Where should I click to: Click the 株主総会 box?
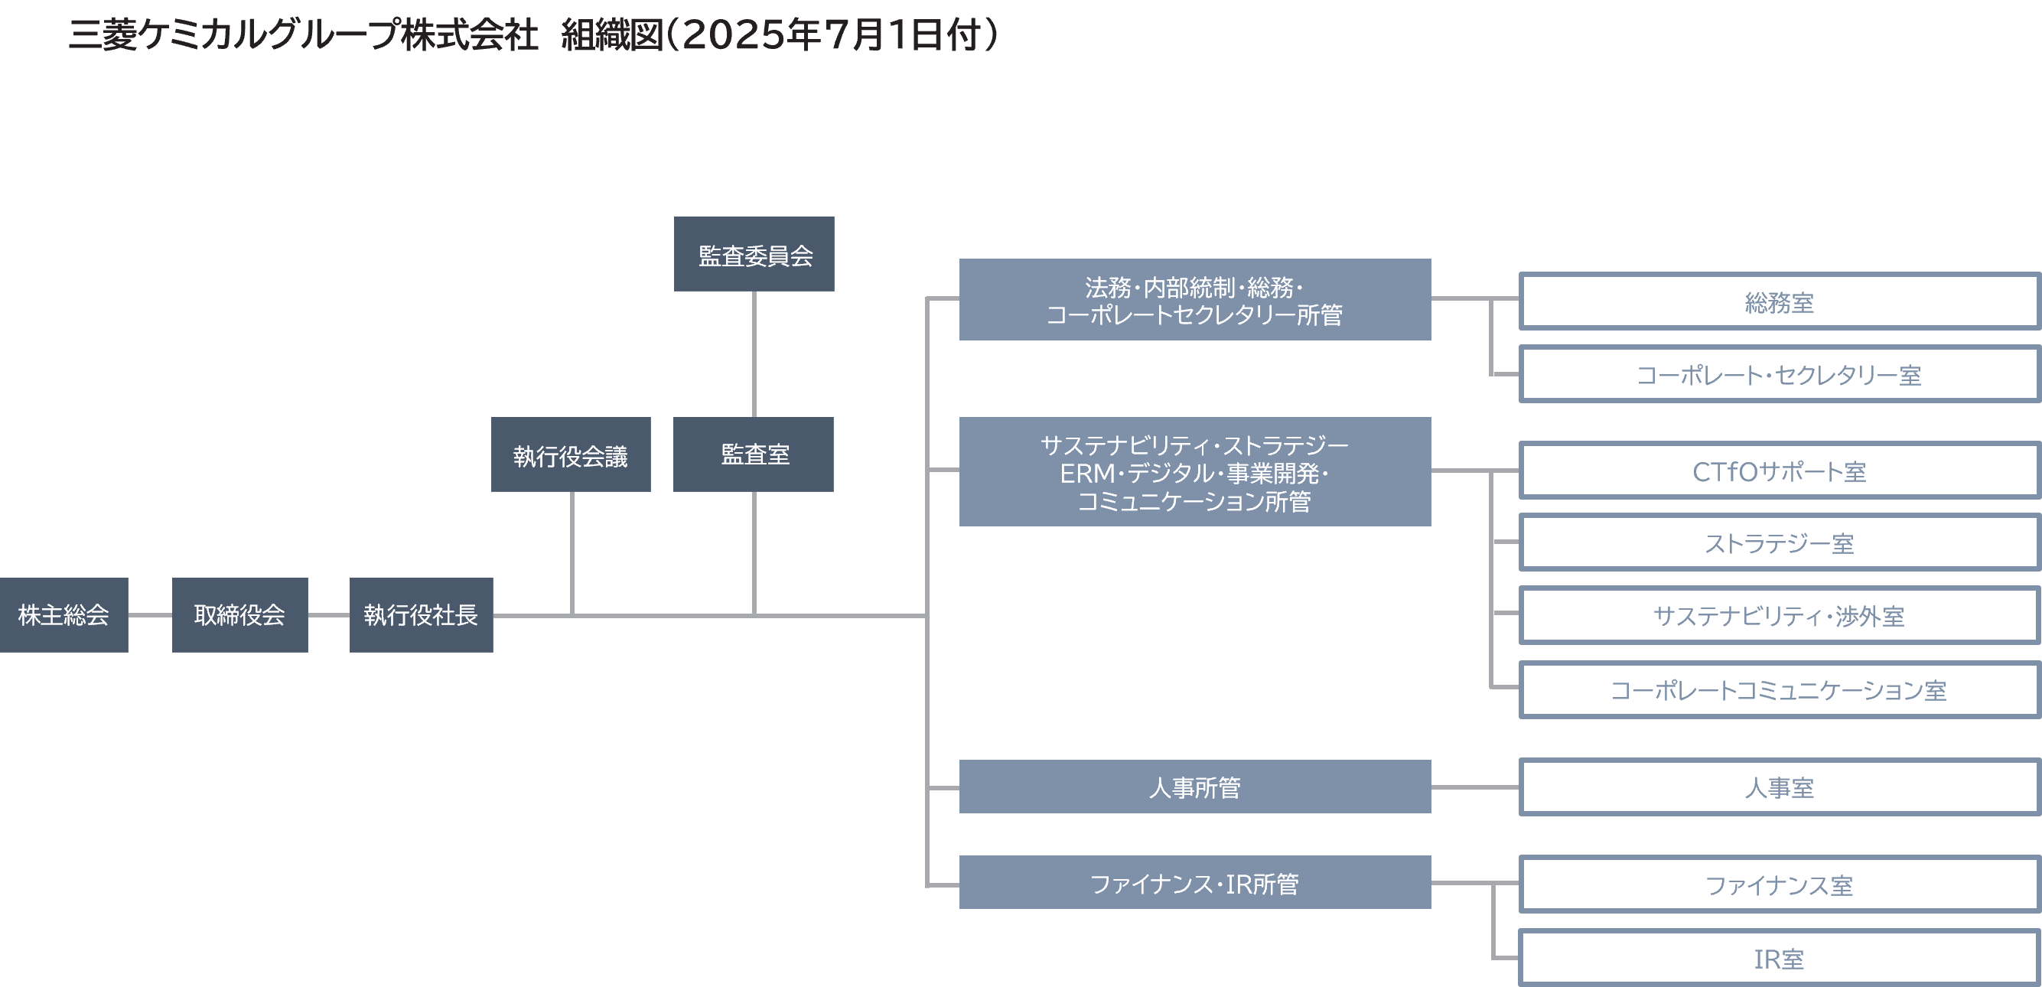[64, 615]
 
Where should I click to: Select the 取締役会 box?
[239, 615]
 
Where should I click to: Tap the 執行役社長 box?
[421, 615]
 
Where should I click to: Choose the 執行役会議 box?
[571, 455]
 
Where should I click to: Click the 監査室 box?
[753, 454]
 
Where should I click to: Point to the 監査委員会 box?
[754, 255]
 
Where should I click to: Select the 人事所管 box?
[1194, 787]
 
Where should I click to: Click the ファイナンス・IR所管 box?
[1194, 882]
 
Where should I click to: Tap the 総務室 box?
[1779, 301]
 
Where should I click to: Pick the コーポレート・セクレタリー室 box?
[1779, 374]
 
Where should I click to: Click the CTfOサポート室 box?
[1779, 471]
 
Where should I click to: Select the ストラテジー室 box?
[1779, 542]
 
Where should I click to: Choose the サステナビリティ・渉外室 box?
[1779, 615]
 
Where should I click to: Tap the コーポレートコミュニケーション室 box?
[1779, 689]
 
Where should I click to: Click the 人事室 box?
[1779, 787]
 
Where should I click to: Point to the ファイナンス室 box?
[1779, 884]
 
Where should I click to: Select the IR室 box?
[1779, 958]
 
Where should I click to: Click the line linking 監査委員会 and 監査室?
[754, 353]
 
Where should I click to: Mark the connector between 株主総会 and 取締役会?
[150, 615]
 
